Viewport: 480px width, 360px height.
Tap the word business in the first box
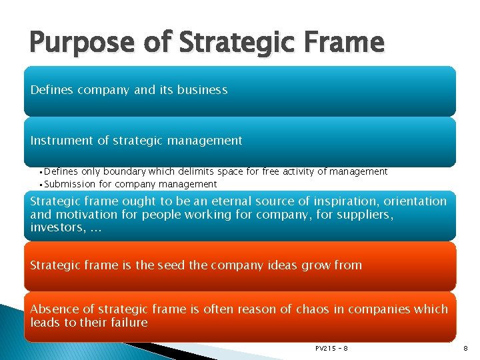(203, 90)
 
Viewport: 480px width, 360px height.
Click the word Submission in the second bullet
(70, 184)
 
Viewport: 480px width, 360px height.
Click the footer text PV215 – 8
(331, 348)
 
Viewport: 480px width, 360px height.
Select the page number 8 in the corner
(464, 348)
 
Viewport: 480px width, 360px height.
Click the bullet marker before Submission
(41, 185)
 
